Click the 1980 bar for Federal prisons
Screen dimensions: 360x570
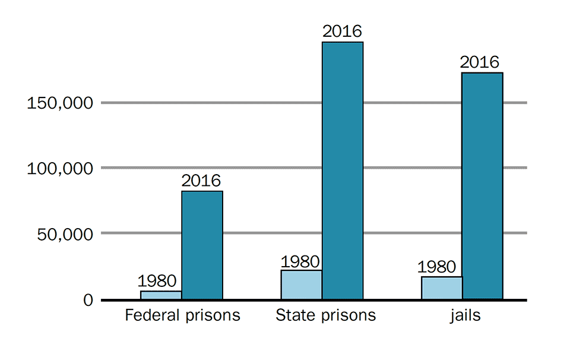click(161, 295)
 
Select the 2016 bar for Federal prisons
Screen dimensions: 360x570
click(202, 245)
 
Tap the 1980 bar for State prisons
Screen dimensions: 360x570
click(301, 285)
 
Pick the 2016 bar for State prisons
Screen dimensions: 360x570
click(343, 170)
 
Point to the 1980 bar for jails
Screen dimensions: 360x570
click(442, 288)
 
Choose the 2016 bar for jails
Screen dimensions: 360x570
click(483, 185)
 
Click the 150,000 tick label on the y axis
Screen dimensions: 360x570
click(60, 103)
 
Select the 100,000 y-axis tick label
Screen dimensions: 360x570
click(60, 169)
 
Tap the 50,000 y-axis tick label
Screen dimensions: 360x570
click(64, 234)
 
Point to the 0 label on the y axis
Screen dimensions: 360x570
click(88, 301)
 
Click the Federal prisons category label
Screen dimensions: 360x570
click(182, 315)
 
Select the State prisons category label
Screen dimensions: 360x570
click(325, 315)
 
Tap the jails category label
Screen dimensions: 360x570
click(465, 315)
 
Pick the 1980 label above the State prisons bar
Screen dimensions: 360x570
click(300, 261)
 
